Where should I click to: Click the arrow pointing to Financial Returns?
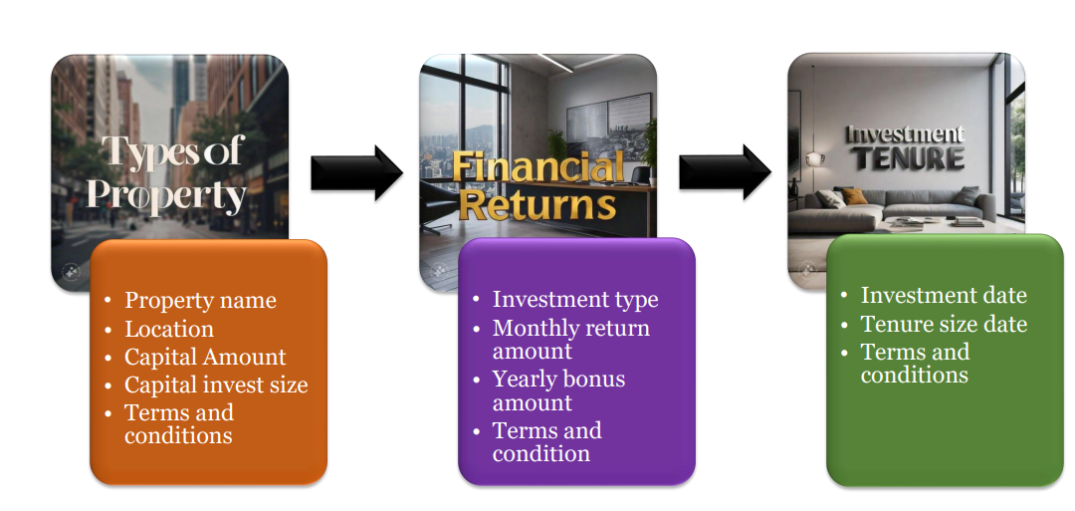(356, 173)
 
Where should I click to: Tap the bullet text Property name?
(200, 301)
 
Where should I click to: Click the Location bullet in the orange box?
(168, 330)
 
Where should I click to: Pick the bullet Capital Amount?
(205, 358)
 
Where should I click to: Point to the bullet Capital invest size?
(216, 385)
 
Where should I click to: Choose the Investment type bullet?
(575, 300)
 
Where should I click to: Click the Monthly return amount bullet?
(571, 340)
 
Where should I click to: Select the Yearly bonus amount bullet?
(558, 390)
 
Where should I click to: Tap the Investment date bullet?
(944, 296)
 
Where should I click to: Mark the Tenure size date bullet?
(944, 324)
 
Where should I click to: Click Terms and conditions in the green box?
(916, 364)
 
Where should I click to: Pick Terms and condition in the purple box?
(547, 442)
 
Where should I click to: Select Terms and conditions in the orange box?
(179, 424)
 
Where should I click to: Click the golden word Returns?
(537, 205)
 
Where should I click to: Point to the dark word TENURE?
(909, 159)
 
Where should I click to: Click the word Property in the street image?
(166, 196)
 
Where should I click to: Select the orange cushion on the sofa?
(854, 197)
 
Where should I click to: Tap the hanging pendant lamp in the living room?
(814, 159)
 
